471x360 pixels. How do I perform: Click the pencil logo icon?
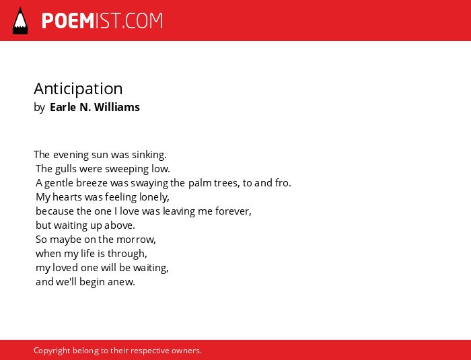tap(20, 20)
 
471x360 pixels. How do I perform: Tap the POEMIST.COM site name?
tap(102, 21)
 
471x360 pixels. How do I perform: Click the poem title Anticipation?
tap(78, 89)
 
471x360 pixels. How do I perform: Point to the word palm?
tap(200, 183)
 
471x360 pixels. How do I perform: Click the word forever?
tap(233, 211)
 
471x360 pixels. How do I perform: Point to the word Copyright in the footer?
tap(52, 351)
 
